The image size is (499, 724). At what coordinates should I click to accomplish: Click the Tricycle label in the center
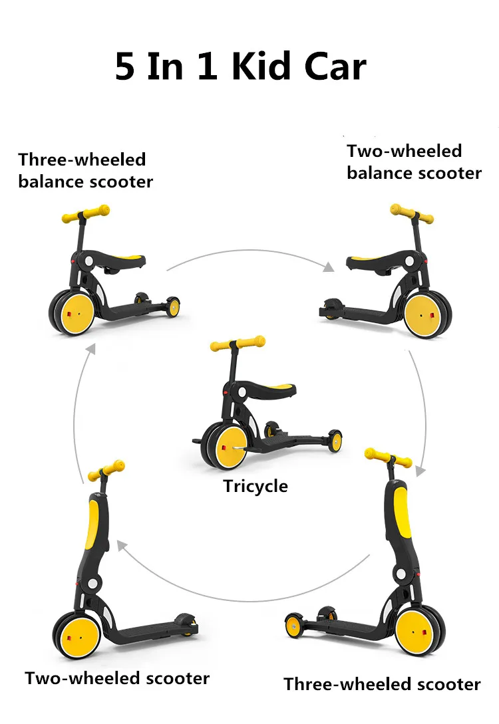[255, 486]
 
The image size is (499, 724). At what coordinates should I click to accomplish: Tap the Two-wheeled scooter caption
[117, 678]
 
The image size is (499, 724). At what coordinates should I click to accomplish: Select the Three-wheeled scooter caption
[382, 683]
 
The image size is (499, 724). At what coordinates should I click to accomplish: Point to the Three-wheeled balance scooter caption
[85, 170]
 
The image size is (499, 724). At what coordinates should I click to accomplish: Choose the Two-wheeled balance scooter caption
[413, 162]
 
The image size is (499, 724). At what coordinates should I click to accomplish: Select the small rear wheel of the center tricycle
[335, 440]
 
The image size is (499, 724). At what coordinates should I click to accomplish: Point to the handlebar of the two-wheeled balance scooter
[411, 214]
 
